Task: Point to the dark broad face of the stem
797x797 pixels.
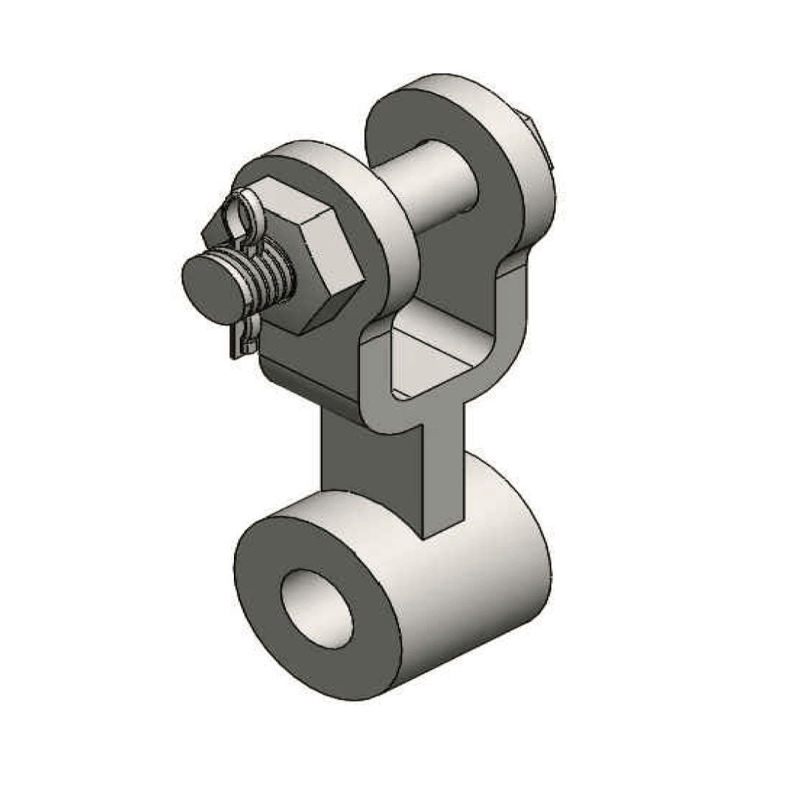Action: (369, 458)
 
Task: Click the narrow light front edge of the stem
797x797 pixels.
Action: (444, 472)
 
